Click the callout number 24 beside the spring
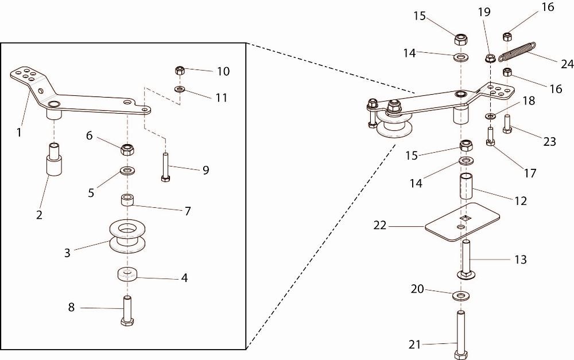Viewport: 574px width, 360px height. (x=568, y=64)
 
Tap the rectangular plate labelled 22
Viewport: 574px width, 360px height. (x=462, y=222)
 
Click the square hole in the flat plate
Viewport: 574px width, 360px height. (x=465, y=218)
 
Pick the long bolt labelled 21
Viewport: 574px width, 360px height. (x=461, y=335)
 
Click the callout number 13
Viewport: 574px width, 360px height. (x=520, y=260)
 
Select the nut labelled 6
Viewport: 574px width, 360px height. (x=127, y=149)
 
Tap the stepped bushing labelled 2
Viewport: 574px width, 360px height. (x=53, y=160)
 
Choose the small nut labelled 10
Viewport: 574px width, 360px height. (x=179, y=70)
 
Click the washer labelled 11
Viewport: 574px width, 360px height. (x=179, y=89)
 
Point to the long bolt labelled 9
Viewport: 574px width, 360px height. (x=165, y=167)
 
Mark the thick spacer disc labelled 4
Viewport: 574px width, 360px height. (x=127, y=274)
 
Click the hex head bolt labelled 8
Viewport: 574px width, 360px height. (x=127, y=311)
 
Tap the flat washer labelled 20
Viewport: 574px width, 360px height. (x=461, y=295)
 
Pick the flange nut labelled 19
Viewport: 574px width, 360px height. (x=490, y=58)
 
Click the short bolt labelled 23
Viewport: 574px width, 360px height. (x=507, y=124)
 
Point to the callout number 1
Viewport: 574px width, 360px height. (x=19, y=132)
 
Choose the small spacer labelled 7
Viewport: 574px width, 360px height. (x=127, y=200)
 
